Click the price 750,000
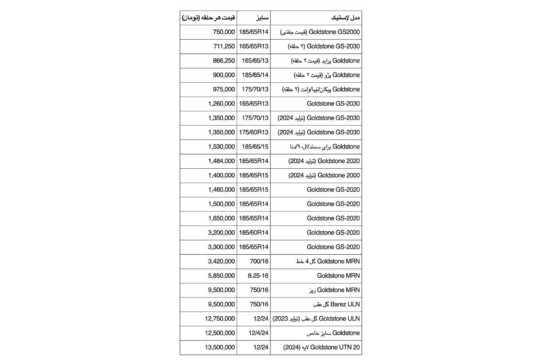[224, 32]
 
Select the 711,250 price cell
[224, 46]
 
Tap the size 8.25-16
[254, 275]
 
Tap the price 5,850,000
[221, 275]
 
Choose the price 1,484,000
[221, 161]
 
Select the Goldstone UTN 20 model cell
[322, 347]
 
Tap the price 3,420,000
[221, 261]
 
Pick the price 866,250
[224, 61]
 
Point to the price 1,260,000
[221, 103]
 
